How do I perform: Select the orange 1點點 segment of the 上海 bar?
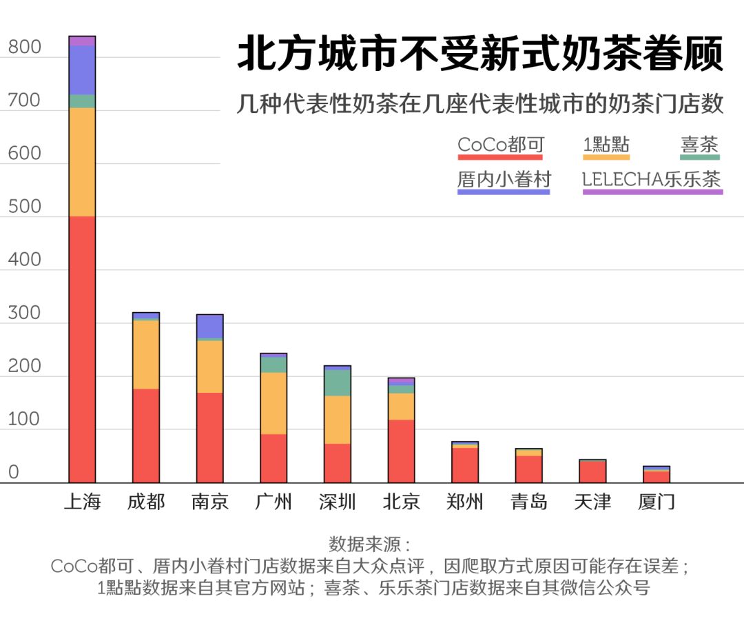82,162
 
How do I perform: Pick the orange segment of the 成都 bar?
146,355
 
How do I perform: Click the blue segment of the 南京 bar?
209,327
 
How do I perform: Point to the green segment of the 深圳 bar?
338,383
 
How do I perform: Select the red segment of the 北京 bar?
401,451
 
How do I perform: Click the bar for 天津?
592,471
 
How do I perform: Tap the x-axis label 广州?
273,502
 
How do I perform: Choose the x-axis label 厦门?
657,502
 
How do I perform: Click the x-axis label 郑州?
465,502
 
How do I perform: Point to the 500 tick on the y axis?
25,207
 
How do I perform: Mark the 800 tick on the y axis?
25,48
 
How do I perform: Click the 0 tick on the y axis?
13,473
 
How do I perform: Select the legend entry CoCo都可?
501,145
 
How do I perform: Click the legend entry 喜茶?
699,145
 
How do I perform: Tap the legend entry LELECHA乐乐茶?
652,179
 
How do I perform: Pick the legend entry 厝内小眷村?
504,179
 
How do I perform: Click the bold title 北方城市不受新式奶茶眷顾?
480,54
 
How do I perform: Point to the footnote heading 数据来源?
369,544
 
